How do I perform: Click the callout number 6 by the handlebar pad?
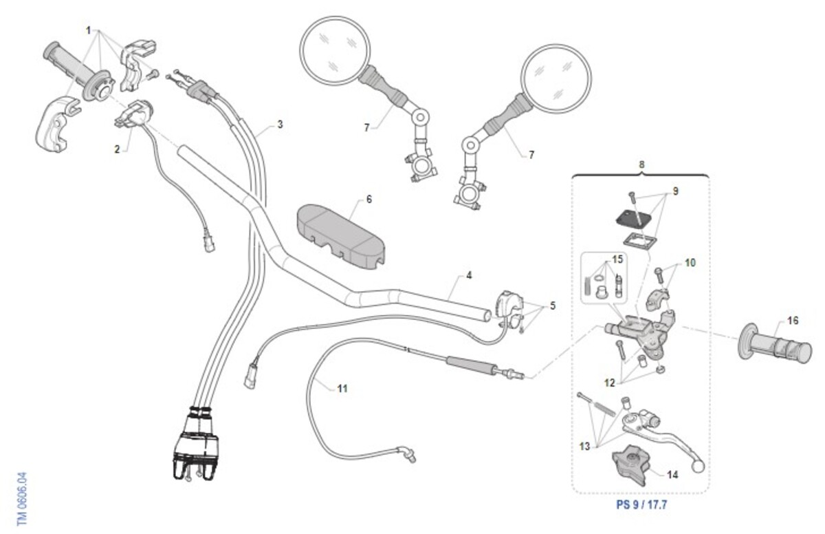coord(369,199)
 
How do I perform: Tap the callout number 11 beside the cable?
coord(342,389)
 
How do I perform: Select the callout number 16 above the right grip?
coord(793,321)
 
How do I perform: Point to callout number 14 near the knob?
coord(672,474)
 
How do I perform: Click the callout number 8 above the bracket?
coord(641,165)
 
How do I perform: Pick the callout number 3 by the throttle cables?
coord(280,125)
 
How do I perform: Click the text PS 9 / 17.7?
coord(641,504)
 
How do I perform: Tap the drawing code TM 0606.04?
coord(22,499)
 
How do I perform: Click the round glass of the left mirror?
coord(335,50)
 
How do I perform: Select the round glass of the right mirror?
coord(556,78)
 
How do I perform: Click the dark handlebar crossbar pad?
coord(340,234)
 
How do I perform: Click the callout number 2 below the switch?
coord(117,149)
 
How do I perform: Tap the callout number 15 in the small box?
coord(617,259)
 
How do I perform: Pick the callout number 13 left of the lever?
coord(584,447)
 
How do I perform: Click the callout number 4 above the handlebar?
coord(469,276)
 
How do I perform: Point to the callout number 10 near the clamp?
coord(690,263)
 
